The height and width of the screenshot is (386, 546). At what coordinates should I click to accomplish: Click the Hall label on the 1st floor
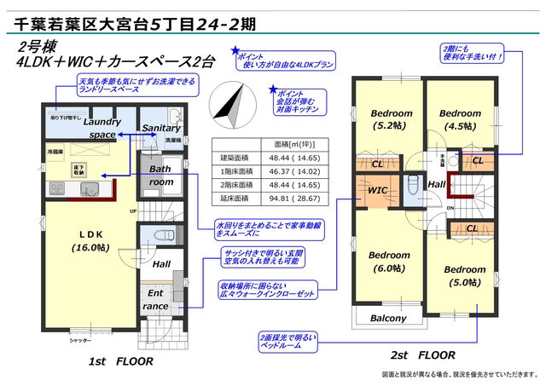(x=161, y=265)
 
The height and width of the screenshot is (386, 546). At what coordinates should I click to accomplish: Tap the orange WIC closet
(x=378, y=189)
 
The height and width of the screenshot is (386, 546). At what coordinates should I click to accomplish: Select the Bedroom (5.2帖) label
(x=392, y=120)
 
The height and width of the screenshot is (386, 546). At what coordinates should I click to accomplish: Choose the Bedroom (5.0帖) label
(x=464, y=276)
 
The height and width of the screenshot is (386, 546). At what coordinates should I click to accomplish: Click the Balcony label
(x=387, y=319)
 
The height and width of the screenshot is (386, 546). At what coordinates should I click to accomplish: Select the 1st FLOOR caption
(x=120, y=361)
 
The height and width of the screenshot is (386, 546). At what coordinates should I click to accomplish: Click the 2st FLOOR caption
(x=421, y=354)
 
